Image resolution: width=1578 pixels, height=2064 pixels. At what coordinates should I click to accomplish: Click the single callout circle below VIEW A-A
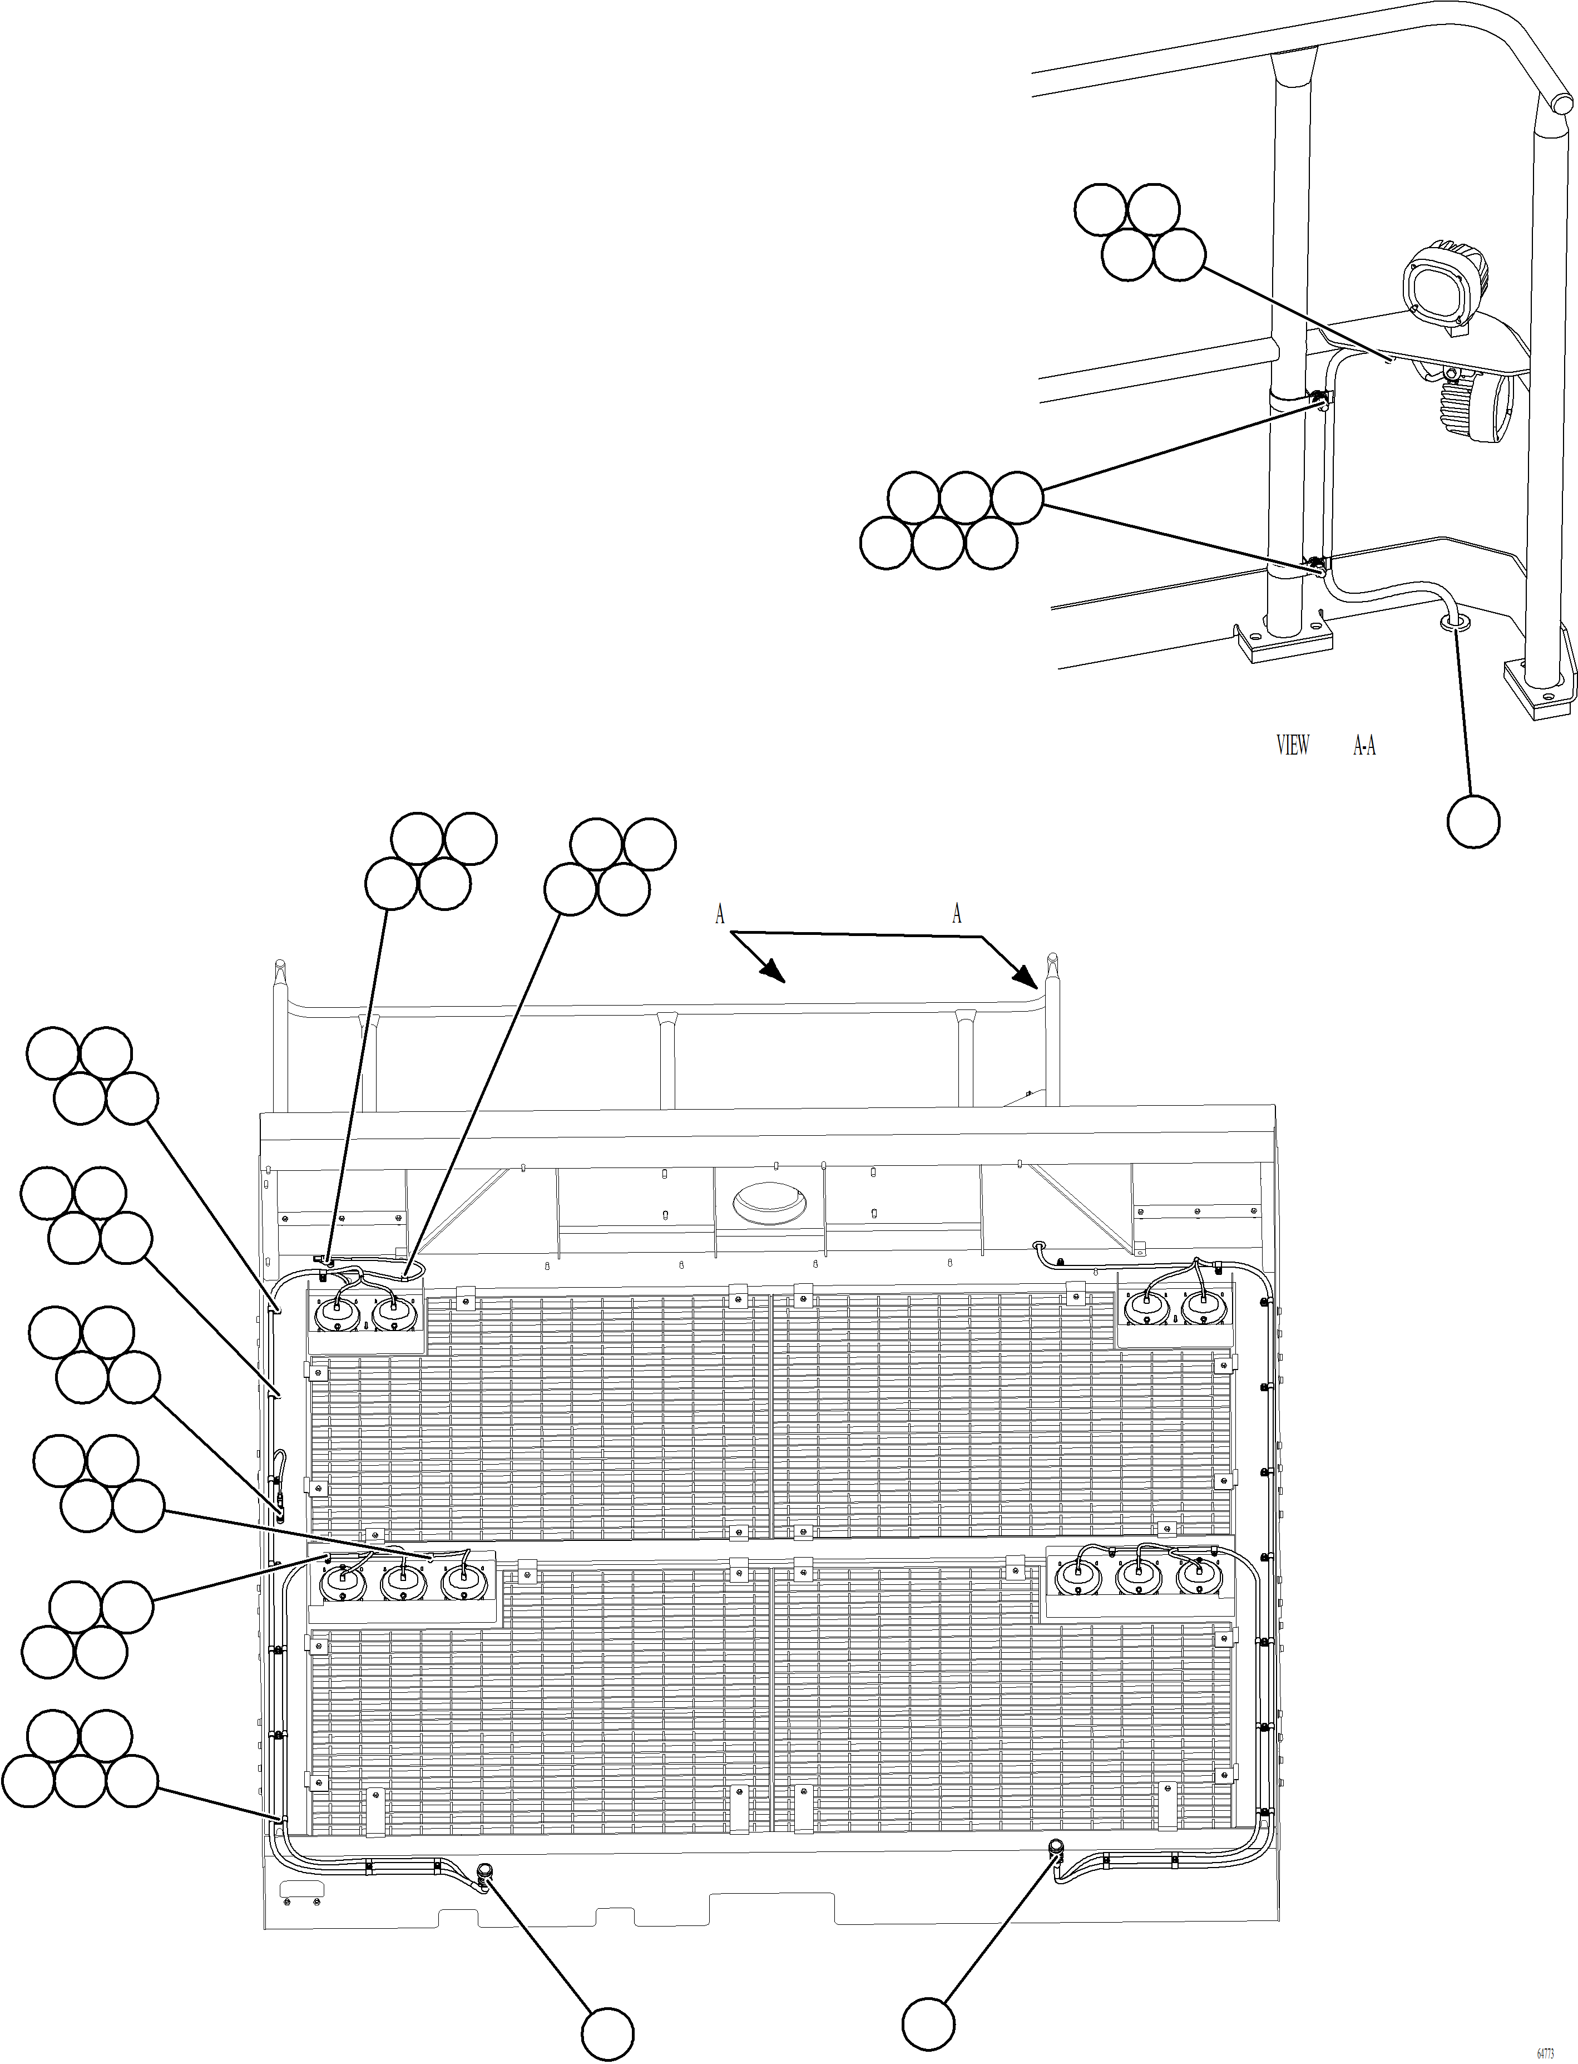(x=1473, y=820)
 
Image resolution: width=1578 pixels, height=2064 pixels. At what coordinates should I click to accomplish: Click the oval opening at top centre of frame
(x=766, y=1200)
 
